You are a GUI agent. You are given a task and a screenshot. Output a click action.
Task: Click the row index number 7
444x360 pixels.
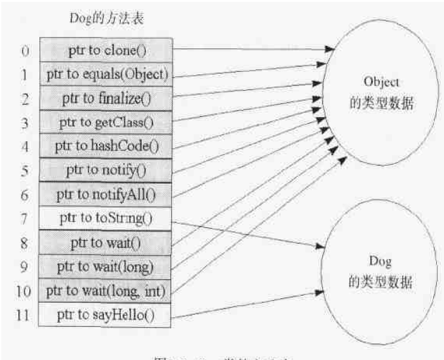point(23,219)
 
